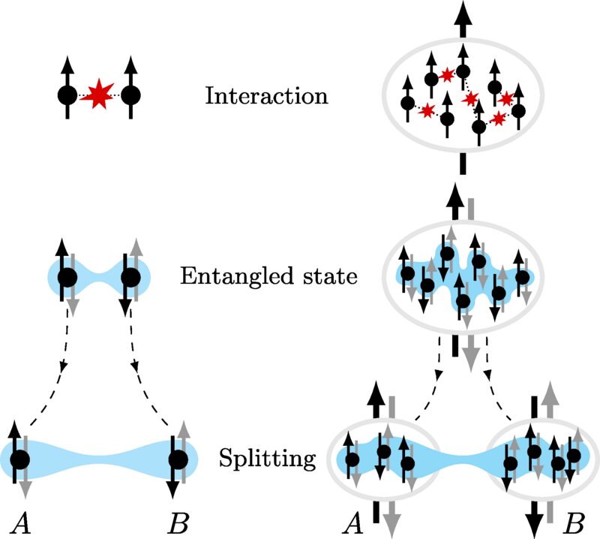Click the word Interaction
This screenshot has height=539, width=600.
point(266,97)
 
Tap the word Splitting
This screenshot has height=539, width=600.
point(259,457)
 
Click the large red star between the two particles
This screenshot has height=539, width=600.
point(97,96)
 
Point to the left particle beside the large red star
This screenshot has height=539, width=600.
point(67,96)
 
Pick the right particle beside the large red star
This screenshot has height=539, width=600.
point(131,96)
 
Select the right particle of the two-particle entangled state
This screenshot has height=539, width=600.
point(131,277)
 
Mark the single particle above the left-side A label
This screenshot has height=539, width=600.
point(19,458)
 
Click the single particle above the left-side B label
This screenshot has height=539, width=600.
point(178,458)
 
